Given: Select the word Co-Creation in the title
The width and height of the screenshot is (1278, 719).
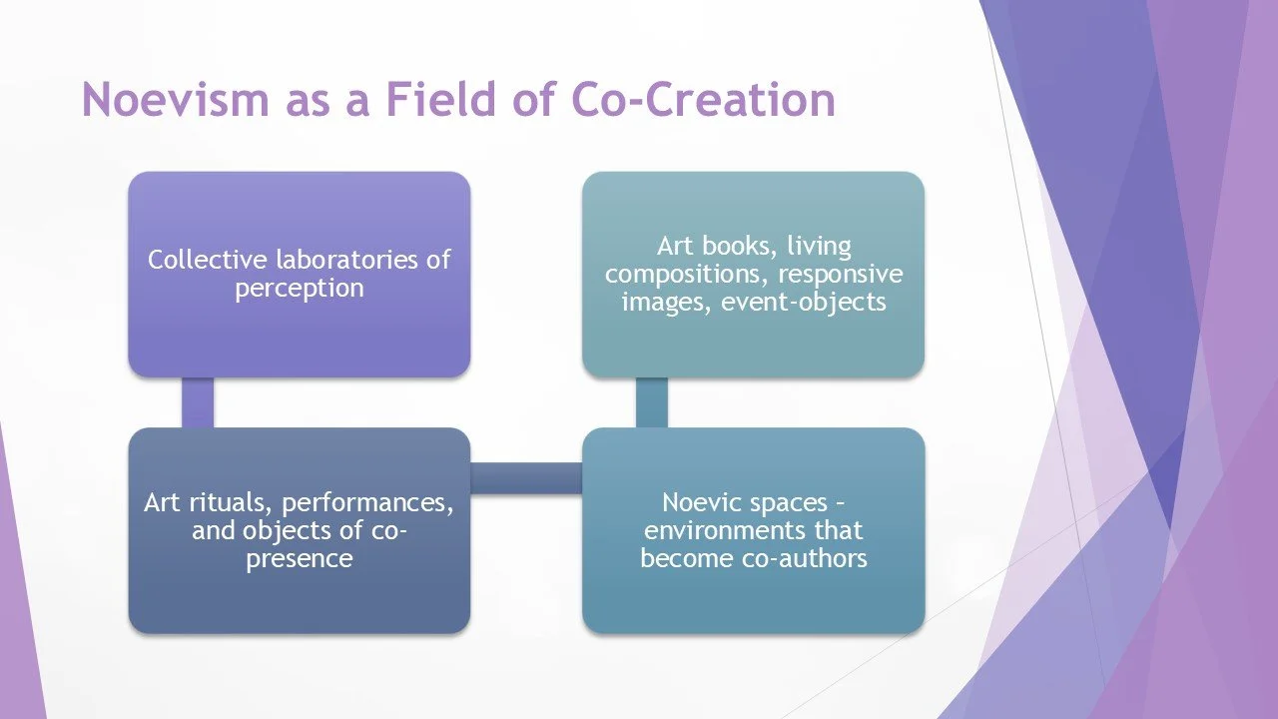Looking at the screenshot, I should click(x=704, y=100).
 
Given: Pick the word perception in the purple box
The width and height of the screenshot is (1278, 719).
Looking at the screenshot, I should click(x=299, y=289).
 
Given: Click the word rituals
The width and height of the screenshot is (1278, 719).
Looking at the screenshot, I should click(x=228, y=502).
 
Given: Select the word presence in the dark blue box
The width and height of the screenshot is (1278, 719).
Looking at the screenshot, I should click(x=299, y=558).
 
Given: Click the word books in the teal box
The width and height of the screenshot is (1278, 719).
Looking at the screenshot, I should click(x=734, y=245).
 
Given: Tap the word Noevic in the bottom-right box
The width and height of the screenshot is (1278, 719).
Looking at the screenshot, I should click(x=701, y=502).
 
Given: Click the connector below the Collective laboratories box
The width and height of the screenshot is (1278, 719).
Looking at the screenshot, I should click(x=198, y=402).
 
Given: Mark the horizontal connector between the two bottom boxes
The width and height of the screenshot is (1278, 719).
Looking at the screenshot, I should click(x=526, y=477).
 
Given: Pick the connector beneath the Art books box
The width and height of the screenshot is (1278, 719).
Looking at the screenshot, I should click(x=651, y=402).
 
